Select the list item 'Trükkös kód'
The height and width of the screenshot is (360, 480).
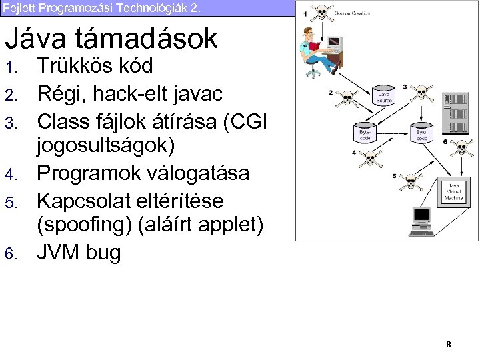coord(95,66)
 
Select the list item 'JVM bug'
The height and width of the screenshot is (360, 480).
coord(79,253)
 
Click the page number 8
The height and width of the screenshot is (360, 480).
coord(449,344)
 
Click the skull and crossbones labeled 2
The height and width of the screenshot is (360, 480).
coord(346,99)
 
